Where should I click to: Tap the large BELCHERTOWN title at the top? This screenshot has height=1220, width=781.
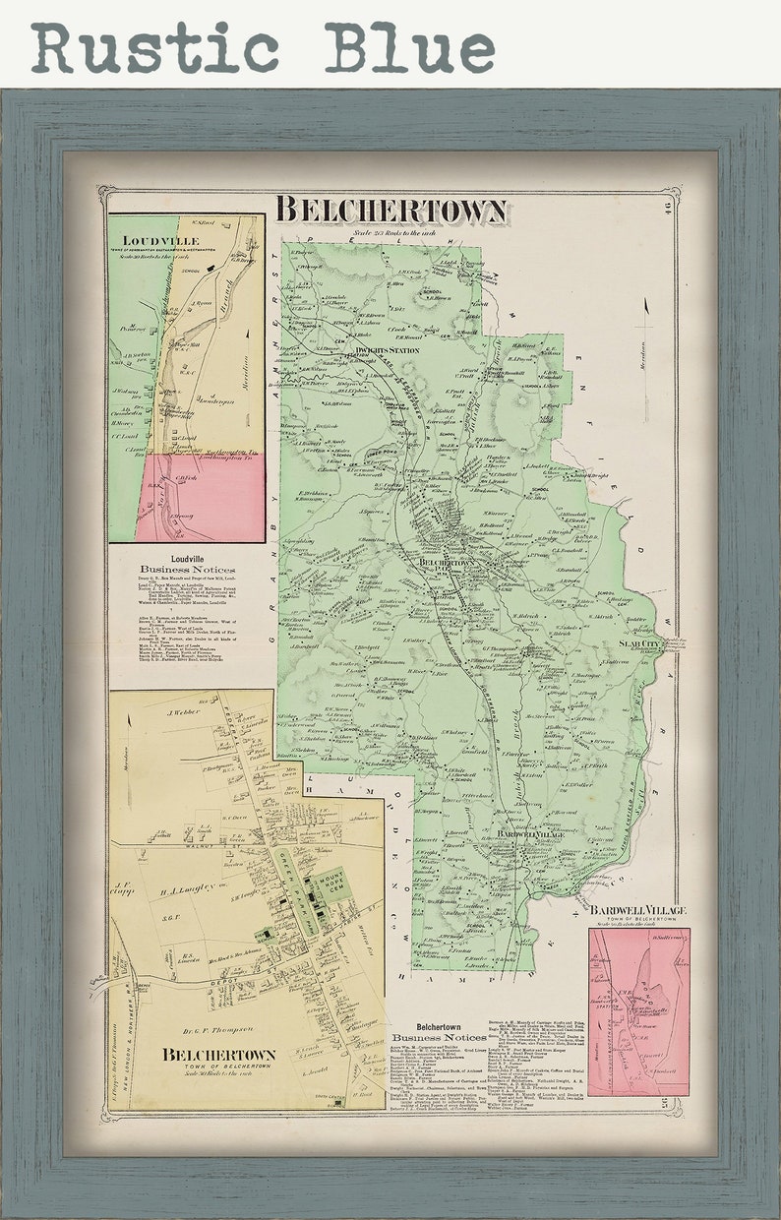390,211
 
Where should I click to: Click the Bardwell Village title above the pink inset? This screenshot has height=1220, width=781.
638,911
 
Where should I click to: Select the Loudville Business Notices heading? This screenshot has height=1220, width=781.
187,565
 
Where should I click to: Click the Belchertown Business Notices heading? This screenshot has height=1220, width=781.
438,1032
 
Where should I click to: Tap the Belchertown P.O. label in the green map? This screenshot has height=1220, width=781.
441,565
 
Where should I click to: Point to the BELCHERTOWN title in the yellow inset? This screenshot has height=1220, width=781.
219,1055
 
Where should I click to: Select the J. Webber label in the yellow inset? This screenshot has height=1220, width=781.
183,711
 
